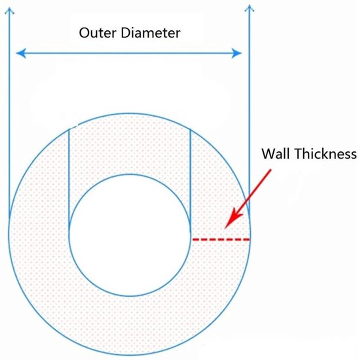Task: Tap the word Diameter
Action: pyautogui.click(x=151, y=33)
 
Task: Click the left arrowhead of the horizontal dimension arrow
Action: pyautogui.click(x=21, y=53)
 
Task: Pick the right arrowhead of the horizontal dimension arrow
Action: pyautogui.click(x=236, y=53)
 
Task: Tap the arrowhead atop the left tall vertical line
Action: pyautogui.click(x=9, y=10)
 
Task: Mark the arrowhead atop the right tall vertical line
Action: pyautogui.click(x=249, y=8)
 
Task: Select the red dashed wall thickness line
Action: pyautogui.click(x=221, y=239)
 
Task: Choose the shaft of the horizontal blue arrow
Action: pyautogui.click(x=129, y=53)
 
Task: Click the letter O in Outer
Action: pyautogui.click(x=84, y=33)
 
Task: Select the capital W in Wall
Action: pyautogui.click(x=269, y=154)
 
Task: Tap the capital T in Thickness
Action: pyautogui.click(x=298, y=154)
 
